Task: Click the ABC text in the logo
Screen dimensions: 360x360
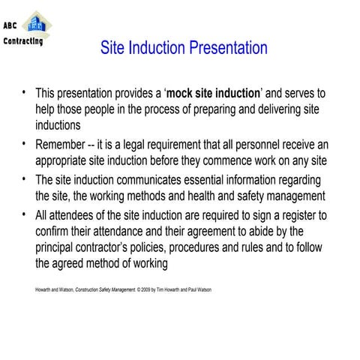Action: [13, 24]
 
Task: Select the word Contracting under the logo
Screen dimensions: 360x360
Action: [22, 41]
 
